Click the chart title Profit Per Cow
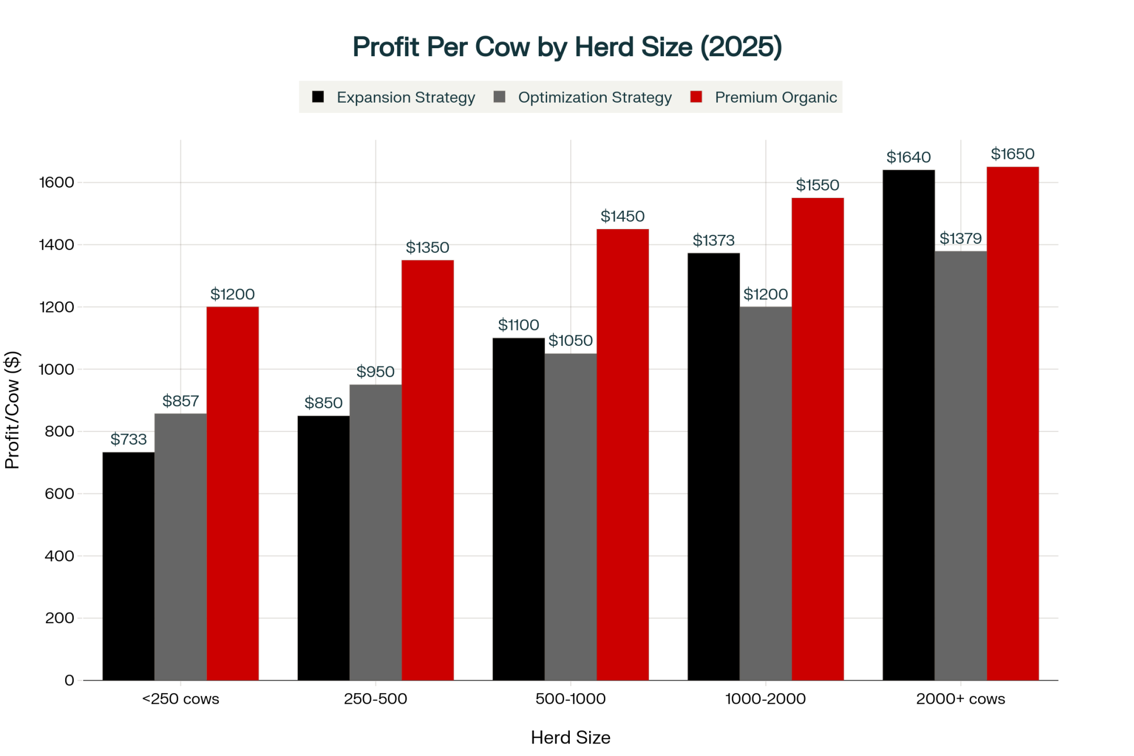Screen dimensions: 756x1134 [x=567, y=47]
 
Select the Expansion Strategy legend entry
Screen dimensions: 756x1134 [x=393, y=98]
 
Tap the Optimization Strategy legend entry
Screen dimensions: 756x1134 [x=583, y=98]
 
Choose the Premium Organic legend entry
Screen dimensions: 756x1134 [x=764, y=98]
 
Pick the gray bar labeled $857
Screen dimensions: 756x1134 [x=180, y=547]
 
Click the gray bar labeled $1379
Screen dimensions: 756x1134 [x=960, y=465]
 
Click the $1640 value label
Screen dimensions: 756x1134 [x=908, y=157]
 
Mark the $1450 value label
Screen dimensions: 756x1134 [x=623, y=216]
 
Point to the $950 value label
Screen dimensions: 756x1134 [x=375, y=371]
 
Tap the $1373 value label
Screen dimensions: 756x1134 [x=713, y=240]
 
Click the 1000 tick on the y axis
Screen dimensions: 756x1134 [x=56, y=369]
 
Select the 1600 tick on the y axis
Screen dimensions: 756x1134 [x=56, y=182]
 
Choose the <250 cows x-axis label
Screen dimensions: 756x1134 [x=180, y=699]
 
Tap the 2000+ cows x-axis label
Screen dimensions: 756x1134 [x=960, y=699]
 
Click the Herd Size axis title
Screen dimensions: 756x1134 [x=570, y=737]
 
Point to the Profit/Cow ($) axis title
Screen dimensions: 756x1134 [x=12, y=410]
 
